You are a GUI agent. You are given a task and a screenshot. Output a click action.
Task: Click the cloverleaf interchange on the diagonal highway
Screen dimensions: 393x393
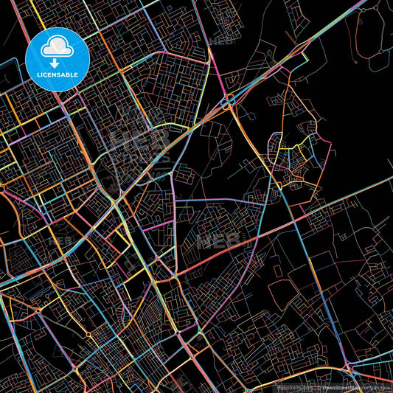point(229,102)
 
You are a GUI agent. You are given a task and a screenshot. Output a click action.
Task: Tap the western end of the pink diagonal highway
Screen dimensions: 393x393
point(4,283)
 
